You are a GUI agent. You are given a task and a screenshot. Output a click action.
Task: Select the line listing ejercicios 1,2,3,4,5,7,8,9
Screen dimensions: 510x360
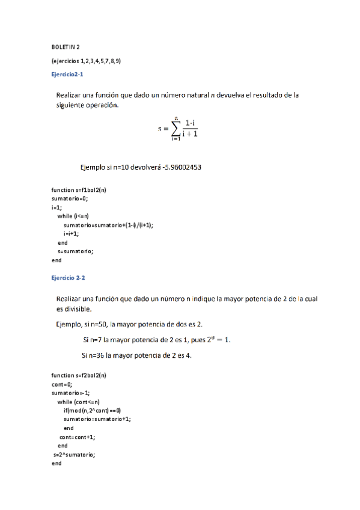tap(86, 61)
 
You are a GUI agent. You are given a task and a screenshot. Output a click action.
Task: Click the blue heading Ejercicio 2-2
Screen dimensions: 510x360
tap(68, 278)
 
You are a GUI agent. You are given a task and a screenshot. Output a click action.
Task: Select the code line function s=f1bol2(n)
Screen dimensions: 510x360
tap(79, 190)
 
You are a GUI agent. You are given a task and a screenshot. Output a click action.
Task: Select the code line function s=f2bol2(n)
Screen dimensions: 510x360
tap(79, 375)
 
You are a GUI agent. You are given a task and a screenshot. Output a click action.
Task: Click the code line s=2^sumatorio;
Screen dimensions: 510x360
tap(75, 455)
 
